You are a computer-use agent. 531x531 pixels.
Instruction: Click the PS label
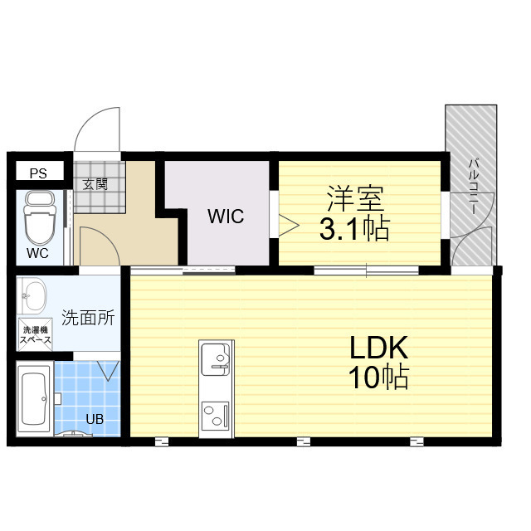click(38, 173)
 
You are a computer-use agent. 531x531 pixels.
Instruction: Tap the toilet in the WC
click(37, 217)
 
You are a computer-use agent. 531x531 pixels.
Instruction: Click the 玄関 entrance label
click(95, 184)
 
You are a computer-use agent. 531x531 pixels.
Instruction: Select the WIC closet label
click(226, 217)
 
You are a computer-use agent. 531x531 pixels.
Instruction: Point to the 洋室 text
click(354, 200)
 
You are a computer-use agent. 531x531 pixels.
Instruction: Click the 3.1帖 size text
click(354, 228)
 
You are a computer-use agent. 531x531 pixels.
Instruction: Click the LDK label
click(378, 348)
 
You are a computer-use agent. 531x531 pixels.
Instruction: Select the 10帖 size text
click(378, 378)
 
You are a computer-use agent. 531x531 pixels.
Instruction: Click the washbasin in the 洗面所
click(35, 293)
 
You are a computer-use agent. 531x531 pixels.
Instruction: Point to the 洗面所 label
click(88, 317)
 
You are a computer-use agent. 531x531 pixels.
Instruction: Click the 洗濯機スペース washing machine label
click(36, 336)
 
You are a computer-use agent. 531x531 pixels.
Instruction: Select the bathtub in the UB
click(34, 400)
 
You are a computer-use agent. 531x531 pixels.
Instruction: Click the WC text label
click(37, 251)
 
